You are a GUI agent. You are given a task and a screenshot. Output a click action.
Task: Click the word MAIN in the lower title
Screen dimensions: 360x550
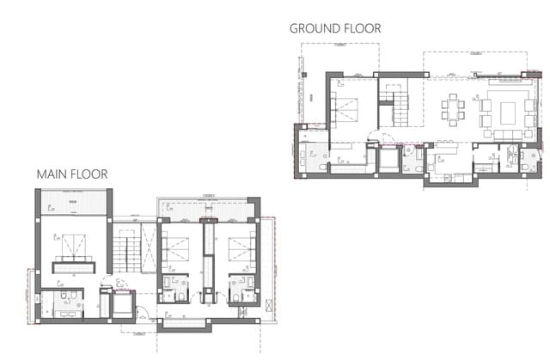(x=52, y=174)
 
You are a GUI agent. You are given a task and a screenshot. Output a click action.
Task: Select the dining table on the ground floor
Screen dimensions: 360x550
(x=453, y=110)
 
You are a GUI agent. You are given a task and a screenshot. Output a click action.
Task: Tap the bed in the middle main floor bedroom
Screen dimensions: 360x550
(x=177, y=248)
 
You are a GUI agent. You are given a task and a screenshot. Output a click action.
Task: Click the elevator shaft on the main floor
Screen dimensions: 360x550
(x=119, y=305)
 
